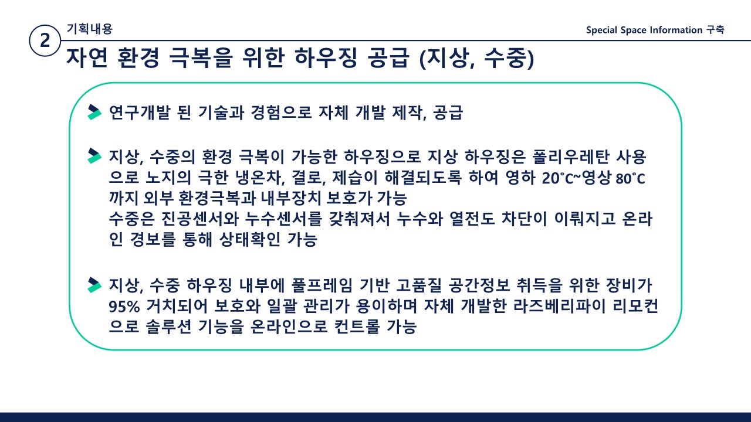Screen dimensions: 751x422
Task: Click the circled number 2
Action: click(x=45, y=40)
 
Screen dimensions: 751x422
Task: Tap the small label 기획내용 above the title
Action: click(x=90, y=29)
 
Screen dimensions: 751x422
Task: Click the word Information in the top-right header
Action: click(x=676, y=30)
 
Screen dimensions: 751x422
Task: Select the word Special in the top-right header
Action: click(x=601, y=30)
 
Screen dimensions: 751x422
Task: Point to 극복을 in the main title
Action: click(x=201, y=57)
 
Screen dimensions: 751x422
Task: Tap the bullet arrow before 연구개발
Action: click(x=94, y=112)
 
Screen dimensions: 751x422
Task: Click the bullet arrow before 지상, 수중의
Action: click(x=94, y=156)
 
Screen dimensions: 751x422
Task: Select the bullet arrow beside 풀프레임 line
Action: click(x=94, y=285)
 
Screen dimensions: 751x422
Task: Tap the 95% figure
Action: click(x=124, y=306)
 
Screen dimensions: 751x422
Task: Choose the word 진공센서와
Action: click(x=200, y=219)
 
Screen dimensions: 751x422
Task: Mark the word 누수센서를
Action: click(x=283, y=219)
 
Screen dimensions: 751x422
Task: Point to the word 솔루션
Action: click(x=168, y=326)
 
